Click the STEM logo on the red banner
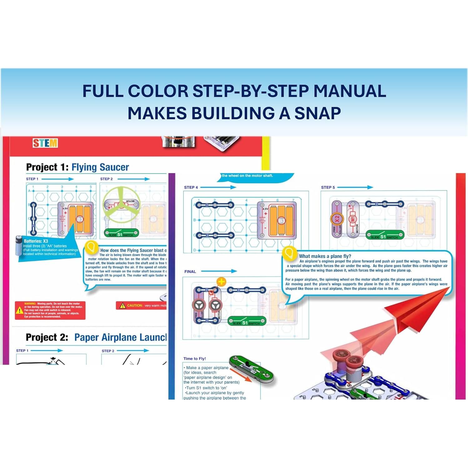point(45,143)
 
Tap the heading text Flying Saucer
point(100,167)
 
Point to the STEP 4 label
point(191,187)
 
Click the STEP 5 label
point(328,187)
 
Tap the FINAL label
point(190,271)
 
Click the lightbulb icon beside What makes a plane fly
point(289,253)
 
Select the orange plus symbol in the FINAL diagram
point(221,282)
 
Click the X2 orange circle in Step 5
point(337,219)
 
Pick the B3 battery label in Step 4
point(281,221)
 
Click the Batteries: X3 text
point(36,241)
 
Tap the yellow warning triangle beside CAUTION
point(122,306)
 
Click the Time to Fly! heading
point(194,359)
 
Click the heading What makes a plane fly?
point(325,256)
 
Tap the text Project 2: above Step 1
point(47,337)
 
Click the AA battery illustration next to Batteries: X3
point(18,246)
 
